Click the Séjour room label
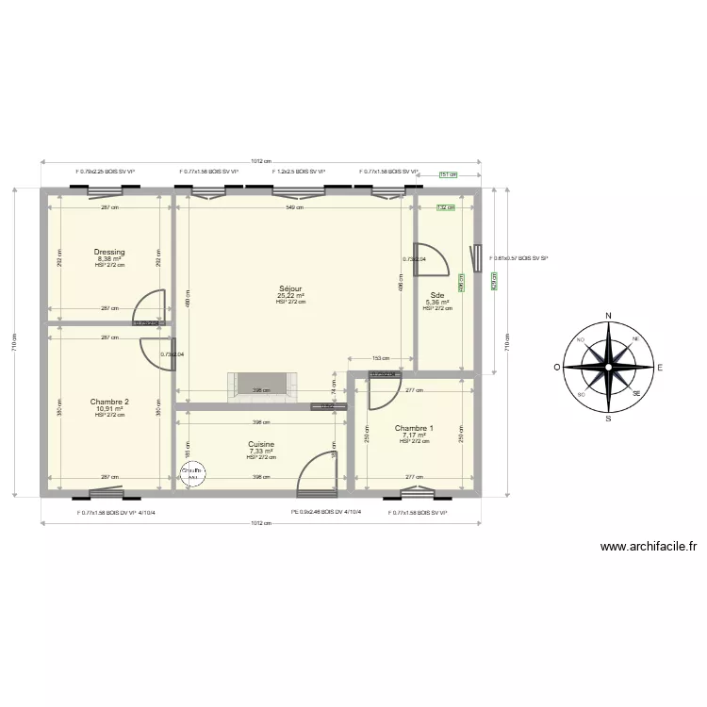pyautogui.click(x=290, y=288)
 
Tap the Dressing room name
pyautogui.click(x=109, y=252)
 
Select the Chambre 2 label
pyautogui.click(x=109, y=402)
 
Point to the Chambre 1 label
pyautogui.click(x=414, y=428)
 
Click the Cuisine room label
pyautogui.click(x=261, y=444)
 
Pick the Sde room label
pyautogui.click(x=437, y=294)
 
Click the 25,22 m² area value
pyautogui.click(x=290, y=295)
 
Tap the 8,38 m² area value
pyautogui.click(x=109, y=258)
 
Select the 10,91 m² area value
pyautogui.click(x=109, y=408)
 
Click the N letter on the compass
pyautogui.click(x=609, y=316)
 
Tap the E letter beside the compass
pyautogui.click(x=660, y=367)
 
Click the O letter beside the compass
pyautogui.click(x=557, y=367)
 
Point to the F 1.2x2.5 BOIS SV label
pyautogui.click(x=299, y=172)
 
